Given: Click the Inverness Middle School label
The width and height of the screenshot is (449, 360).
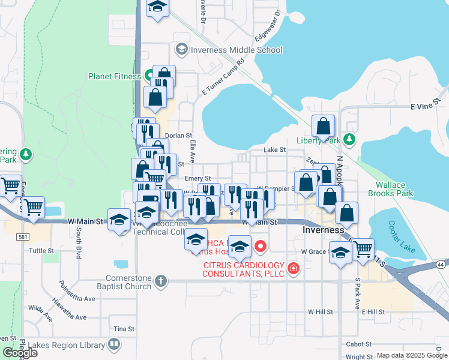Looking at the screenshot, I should click(236, 50).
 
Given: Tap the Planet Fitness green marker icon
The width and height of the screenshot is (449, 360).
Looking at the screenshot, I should click(150, 76).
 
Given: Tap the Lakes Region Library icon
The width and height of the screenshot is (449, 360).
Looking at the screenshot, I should click(113, 344).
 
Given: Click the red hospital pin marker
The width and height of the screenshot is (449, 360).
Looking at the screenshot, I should click(261, 245).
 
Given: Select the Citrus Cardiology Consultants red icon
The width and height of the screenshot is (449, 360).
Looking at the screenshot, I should click(293, 268).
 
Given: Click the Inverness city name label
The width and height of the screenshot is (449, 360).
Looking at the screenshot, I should click(324, 230).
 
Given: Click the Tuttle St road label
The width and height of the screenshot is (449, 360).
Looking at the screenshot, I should click(41, 250).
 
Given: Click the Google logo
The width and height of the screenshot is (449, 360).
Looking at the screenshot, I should click(20, 352).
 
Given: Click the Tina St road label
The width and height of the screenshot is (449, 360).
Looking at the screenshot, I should click(124, 329).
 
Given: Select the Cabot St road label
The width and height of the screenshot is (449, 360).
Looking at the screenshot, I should click(359, 344).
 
